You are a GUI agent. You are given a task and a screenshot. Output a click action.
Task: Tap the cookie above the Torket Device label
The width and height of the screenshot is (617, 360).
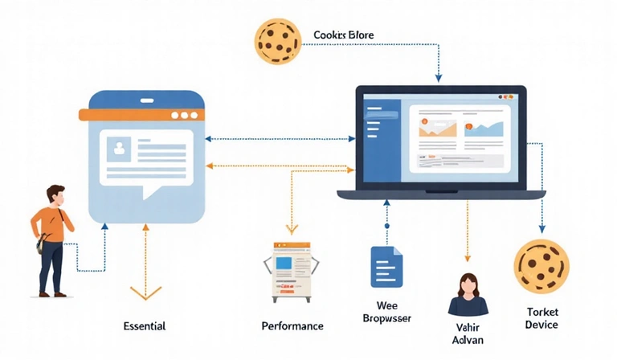(x=541, y=266)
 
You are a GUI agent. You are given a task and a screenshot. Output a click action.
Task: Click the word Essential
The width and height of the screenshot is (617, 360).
(x=145, y=326)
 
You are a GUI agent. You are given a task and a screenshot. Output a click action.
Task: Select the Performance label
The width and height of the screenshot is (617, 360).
(x=292, y=326)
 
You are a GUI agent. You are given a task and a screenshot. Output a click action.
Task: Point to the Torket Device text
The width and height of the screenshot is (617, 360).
(x=541, y=317)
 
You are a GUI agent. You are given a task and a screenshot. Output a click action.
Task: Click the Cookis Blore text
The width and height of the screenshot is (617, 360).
(x=343, y=35)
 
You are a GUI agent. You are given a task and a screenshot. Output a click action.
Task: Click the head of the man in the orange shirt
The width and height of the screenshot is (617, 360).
(x=55, y=194)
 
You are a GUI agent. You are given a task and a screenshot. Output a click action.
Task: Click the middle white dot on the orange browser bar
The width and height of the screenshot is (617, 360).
(x=184, y=115)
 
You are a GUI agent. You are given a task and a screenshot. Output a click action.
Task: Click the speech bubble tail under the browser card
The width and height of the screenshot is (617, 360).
(x=149, y=193)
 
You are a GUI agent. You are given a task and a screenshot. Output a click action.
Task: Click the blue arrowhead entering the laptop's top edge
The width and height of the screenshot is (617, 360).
(x=439, y=79)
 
